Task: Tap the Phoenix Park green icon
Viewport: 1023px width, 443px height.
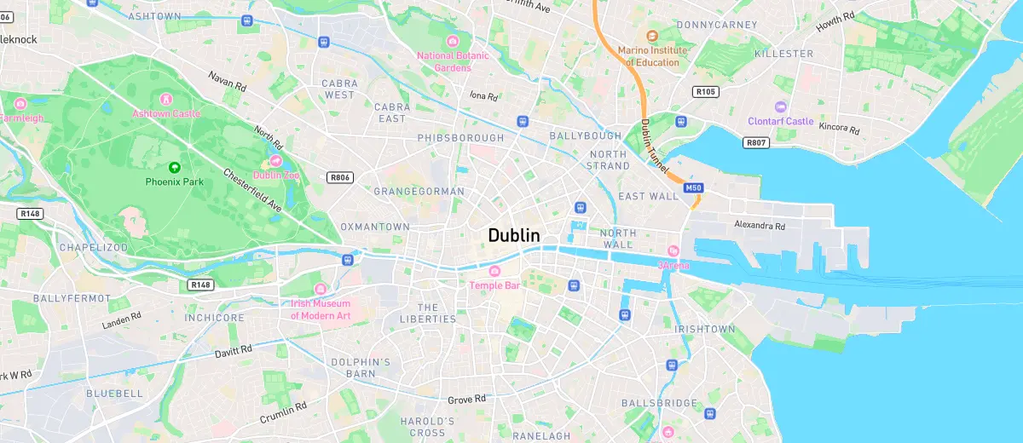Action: tap(175, 167)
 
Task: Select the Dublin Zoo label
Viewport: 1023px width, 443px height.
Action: tap(275, 175)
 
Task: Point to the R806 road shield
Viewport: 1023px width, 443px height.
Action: tap(339, 177)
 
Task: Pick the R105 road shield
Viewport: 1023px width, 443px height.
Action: tap(705, 91)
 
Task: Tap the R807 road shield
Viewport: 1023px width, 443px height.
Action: tap(756, 142)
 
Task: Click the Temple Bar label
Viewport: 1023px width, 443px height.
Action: tap(494, 285)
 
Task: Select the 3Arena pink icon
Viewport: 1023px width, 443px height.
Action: tap(673, 251)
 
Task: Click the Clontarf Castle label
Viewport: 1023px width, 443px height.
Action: tap(781, 121)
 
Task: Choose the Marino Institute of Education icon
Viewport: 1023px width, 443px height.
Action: tap(652, 36)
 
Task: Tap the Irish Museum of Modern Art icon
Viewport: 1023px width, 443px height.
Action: tap(321, 289)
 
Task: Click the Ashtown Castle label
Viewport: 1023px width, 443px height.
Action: tap(166, 113)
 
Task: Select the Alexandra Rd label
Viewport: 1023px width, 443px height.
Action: tap(759, 226)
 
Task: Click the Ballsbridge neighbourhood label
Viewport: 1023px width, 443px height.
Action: tap(659, 403)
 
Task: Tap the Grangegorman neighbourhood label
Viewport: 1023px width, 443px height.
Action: tap(419, 192)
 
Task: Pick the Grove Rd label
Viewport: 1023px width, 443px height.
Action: tap(466, 399)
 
